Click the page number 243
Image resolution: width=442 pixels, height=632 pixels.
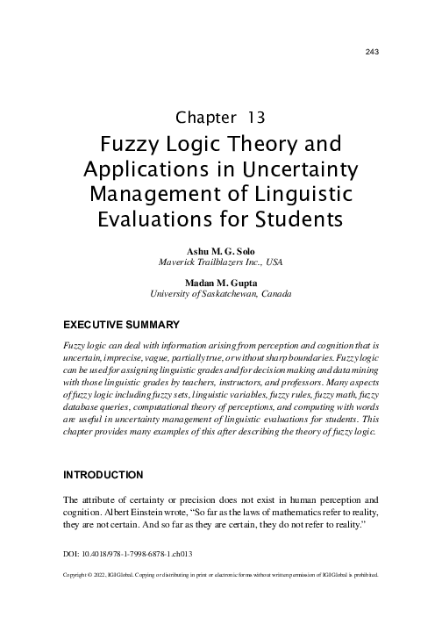coord(370,52)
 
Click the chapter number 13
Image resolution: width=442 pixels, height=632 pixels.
coord(256,117)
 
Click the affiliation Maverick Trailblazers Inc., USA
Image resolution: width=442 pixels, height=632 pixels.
coord(220,262)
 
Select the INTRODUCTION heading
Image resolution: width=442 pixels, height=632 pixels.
coord(103,475)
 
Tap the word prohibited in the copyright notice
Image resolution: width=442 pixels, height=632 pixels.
coord(363,577)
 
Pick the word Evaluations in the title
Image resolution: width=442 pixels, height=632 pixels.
coord(153,217)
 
